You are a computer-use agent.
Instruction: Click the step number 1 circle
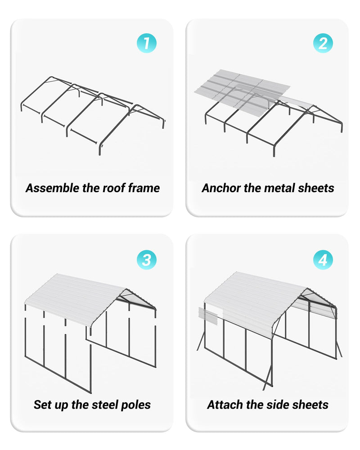[x=146, y=44]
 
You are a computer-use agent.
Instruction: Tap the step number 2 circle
[x=323, y=44]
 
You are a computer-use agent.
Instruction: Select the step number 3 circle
[x=146, y=260]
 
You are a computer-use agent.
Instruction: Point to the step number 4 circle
[x=323, y=260]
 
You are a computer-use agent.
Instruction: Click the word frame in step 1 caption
[x=144, y=188]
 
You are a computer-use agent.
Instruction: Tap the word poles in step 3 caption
[x=136, y=405]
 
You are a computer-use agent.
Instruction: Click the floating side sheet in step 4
[x=207, y=316]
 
